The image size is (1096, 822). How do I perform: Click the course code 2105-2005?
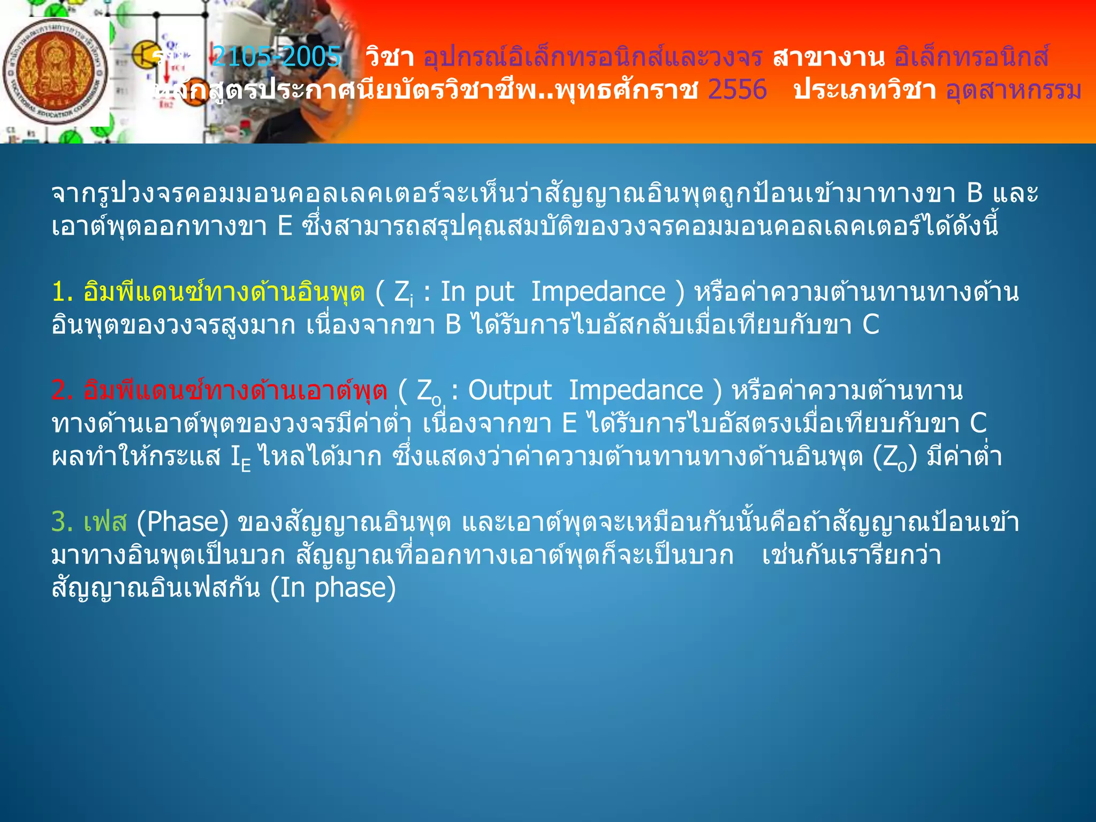click(276, 56)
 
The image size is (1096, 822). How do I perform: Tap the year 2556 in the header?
click(737, 89)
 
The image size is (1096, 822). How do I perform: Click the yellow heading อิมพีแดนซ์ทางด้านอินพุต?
click(224, 292)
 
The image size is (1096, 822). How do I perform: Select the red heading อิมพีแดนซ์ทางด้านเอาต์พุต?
click(235, 391)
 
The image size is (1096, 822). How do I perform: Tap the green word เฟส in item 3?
click(105, 522)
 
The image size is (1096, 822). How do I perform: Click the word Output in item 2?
click(509, 391)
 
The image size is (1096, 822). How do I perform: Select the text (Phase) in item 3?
click(182, 522)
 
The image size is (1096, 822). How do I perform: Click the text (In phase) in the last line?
click(333, 588)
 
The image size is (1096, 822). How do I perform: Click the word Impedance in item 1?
click(598, 292)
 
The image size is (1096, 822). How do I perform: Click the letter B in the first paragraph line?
click(975, 193)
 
